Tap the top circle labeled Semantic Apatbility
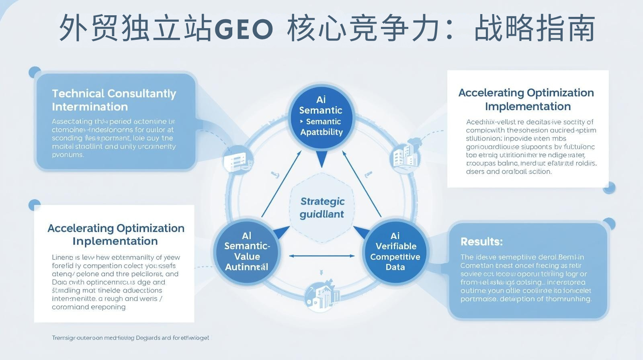coord(321,116)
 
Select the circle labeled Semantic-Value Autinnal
coord(246,252)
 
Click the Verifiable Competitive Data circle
coord(395,252)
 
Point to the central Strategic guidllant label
coord(322,207)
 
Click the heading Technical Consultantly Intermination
coord(114,100)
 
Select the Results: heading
coord(481,241)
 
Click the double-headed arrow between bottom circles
coord(322,256)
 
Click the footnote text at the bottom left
coord(130,338)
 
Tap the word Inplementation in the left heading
coord(115,241)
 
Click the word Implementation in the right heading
coord(528,106)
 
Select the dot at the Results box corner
coord(609,224)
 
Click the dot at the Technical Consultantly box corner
coord(35,72)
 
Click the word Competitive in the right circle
coord(395,257)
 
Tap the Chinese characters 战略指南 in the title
coord(534,29)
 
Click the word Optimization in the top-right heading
coord(560,93)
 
